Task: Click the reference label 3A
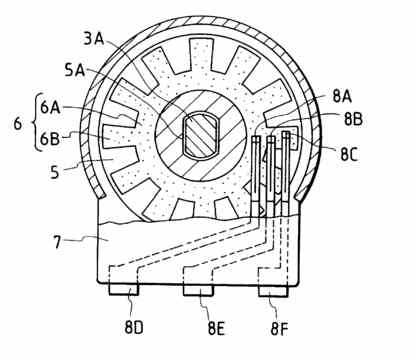[94, 39]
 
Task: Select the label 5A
[75, 70]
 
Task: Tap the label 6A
[50, 108]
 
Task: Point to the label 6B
[50, 139]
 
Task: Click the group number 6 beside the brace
[18, 123]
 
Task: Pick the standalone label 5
[55, 172]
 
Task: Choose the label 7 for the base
[57, 242]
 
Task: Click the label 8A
[342, 97]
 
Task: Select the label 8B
[353, 119]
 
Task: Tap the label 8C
[349, 154]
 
